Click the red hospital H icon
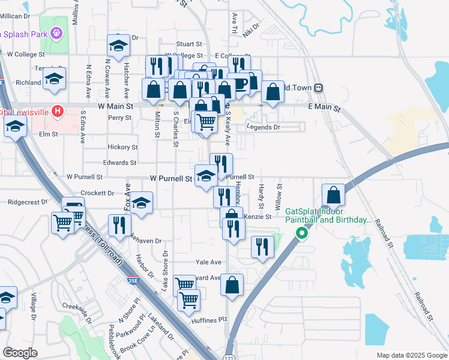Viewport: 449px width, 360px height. (57, 111)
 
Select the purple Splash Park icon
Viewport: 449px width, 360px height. (57, 33)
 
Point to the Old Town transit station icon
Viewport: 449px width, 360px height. (319, 88)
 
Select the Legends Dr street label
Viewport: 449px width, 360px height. (264, 127)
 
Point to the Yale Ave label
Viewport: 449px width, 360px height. (209, 262)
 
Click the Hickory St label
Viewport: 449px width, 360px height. (122, 147)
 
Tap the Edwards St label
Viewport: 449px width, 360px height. (120, 163)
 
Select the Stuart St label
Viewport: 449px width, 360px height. (189, 44)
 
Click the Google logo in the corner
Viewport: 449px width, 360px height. (20, 353)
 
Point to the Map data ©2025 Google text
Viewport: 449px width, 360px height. (411, 355)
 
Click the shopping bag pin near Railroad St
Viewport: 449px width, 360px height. (333, 196)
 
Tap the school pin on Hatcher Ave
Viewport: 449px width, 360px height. (119, 46)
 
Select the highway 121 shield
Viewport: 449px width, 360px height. (229, 350)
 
